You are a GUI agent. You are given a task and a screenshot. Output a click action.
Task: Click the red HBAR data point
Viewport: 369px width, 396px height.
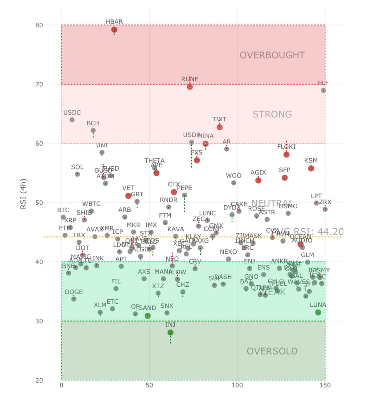pos(114,30)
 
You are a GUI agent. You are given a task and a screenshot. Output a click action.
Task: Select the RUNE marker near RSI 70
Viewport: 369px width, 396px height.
pos(190,87)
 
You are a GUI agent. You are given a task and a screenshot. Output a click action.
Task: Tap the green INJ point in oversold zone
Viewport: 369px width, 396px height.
pos(170,332)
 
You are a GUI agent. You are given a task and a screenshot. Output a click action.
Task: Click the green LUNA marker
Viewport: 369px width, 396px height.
pos(318,313)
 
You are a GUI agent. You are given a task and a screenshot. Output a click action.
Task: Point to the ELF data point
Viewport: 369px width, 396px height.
pos(324,91)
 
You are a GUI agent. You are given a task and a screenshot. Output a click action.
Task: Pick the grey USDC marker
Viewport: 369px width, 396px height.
pos(72,120)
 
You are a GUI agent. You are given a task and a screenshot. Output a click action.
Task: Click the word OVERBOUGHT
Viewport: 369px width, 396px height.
pos(272,55)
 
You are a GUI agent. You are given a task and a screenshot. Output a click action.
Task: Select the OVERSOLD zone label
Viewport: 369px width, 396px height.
pos(272,351)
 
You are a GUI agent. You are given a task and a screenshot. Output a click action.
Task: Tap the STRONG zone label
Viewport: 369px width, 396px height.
pos(272,115)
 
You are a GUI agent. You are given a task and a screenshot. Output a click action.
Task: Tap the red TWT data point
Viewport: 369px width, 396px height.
pos(220,127)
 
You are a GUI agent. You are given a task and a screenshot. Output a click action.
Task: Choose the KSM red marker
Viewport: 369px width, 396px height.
pos(311,168)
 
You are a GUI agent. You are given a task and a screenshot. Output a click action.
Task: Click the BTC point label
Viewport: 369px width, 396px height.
pos(63,210)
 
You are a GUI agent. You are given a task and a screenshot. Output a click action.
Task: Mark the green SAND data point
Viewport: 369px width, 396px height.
pos(148,316)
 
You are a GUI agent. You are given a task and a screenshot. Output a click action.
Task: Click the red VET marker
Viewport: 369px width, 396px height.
pos(128,196)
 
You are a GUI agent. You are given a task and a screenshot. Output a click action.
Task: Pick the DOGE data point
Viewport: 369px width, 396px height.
pos(74,299)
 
